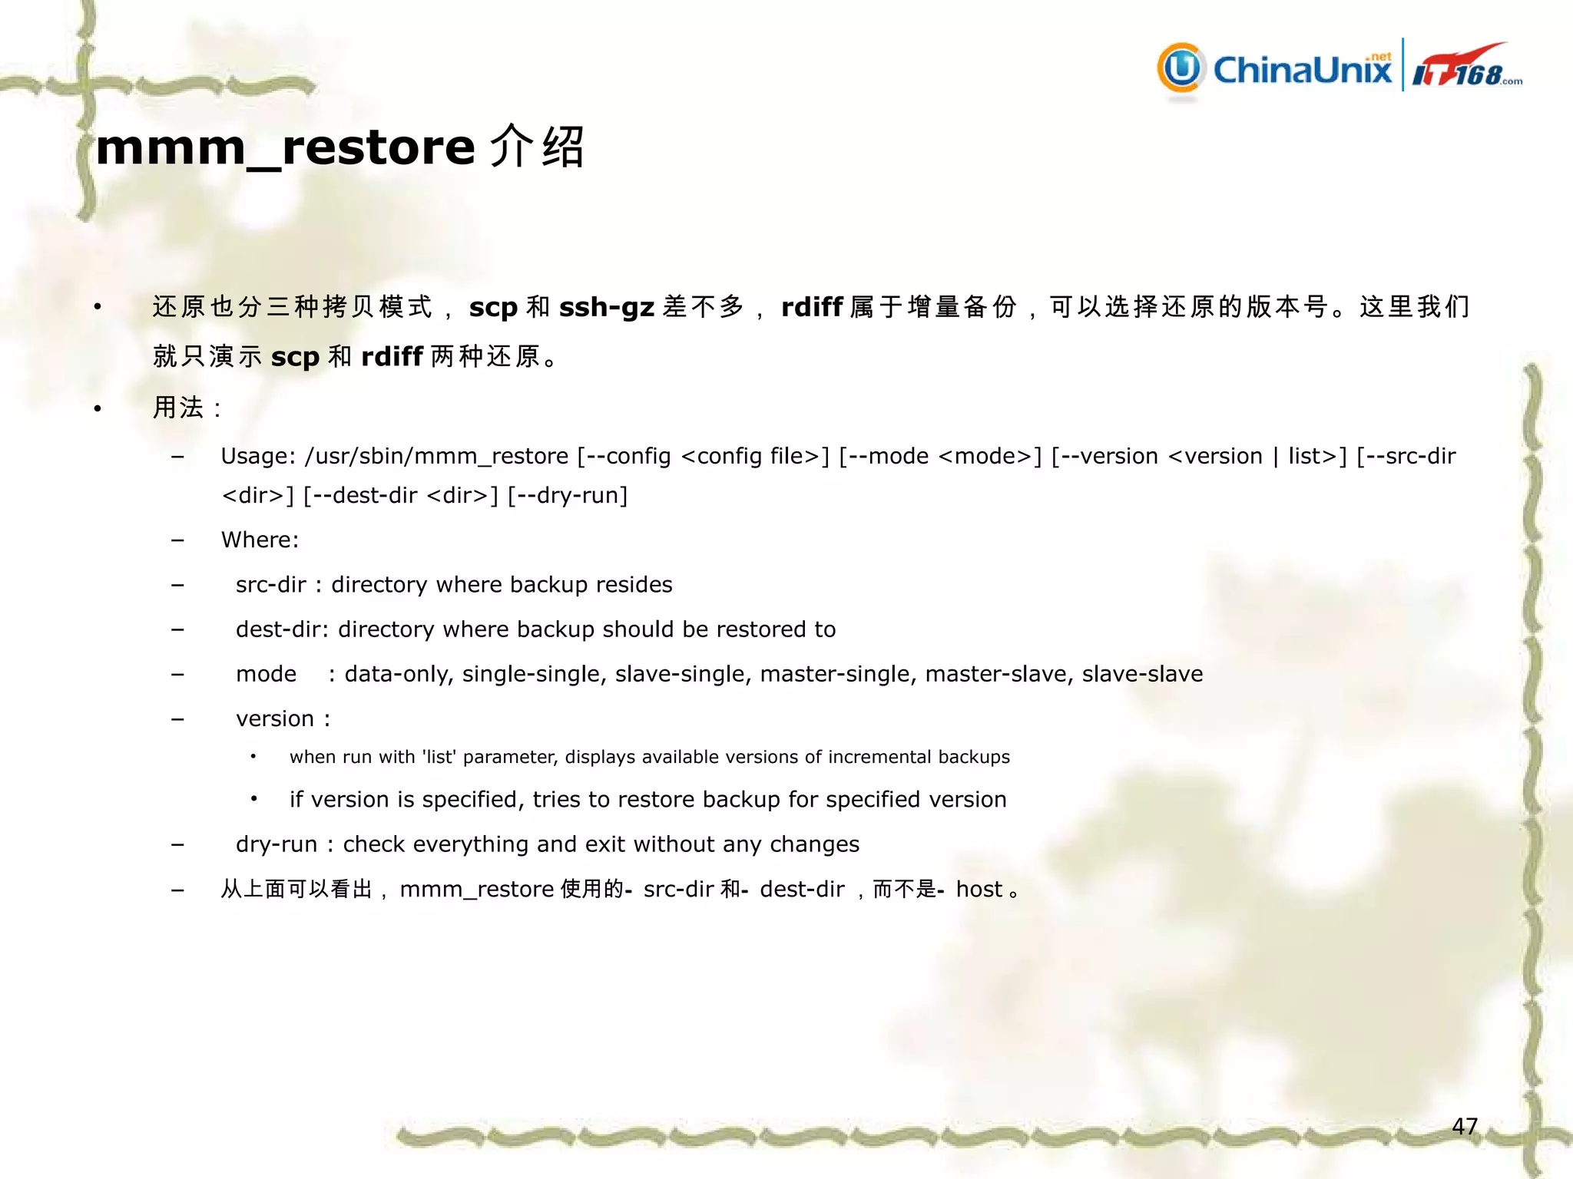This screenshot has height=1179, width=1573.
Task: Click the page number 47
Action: (1464, 1126)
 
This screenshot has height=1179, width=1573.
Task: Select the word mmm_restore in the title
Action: (285, 147)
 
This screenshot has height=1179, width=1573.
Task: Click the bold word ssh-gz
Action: (606, 307)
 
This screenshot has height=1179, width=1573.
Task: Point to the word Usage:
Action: (258, 457)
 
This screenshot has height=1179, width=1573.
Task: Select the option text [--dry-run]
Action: (568, 496)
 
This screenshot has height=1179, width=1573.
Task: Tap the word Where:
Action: (260, 540)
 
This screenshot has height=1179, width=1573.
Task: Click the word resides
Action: (634, 585)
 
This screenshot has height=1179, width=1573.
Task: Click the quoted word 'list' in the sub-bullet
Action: (439, 757)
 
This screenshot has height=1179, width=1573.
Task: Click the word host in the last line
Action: (979, 890)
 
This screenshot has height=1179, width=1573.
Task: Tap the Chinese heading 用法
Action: (178, 408)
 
